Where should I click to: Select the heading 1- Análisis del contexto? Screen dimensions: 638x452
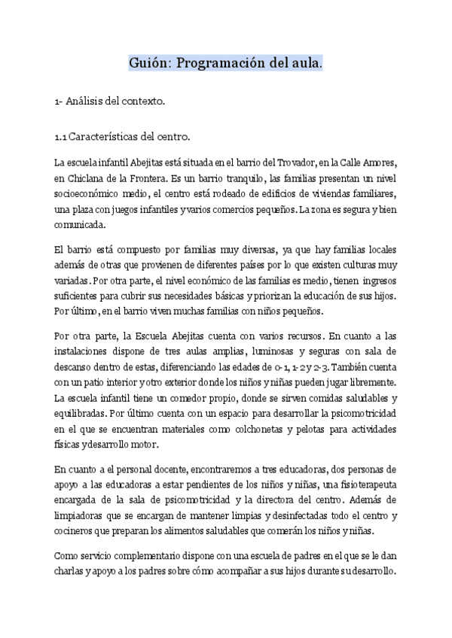[109, 100]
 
